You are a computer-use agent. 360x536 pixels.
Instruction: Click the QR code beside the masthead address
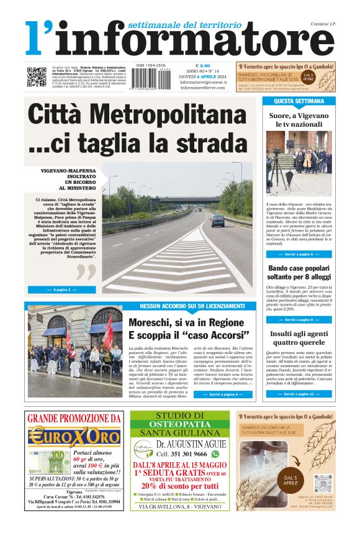tap(36, 76)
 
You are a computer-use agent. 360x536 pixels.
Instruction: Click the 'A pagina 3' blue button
tap(62, 289)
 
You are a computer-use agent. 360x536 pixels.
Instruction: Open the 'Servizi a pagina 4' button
tap(222, 395)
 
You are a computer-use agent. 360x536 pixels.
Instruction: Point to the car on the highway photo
tap(217, 221)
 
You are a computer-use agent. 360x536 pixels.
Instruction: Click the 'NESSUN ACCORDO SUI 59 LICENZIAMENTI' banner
tap(192, 306)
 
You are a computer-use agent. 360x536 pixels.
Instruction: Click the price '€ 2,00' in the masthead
tap(202, 65)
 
